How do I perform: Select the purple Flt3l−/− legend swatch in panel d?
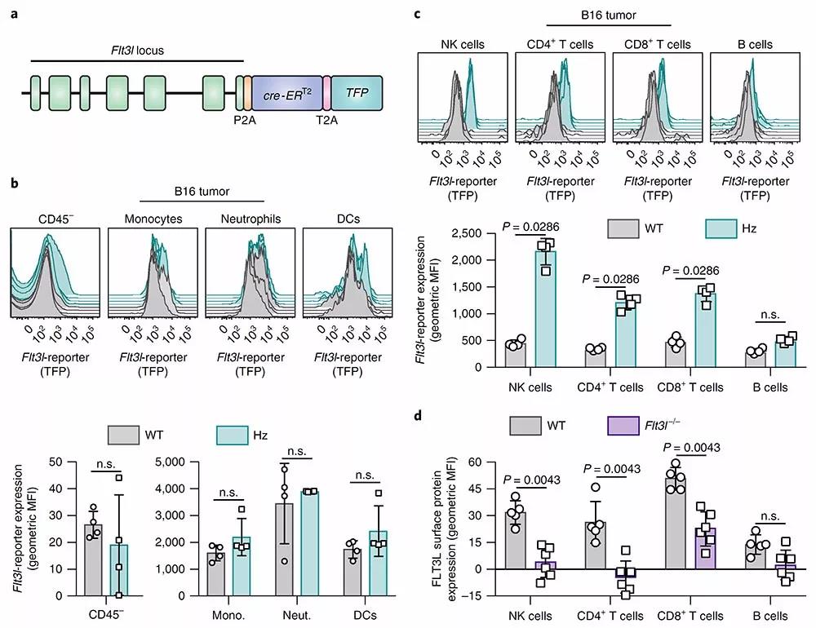coord(623,425)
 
